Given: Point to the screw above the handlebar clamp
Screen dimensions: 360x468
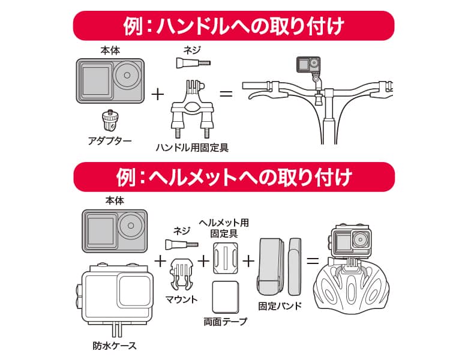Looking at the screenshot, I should tap(193, 62).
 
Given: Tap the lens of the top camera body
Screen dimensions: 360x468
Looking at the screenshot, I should tap(126, 77).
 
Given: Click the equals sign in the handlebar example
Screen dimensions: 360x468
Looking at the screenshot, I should tap(226, 94).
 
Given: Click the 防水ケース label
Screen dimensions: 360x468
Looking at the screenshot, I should tap(114, 346).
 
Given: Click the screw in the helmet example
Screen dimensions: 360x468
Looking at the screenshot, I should tap(181, 244).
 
